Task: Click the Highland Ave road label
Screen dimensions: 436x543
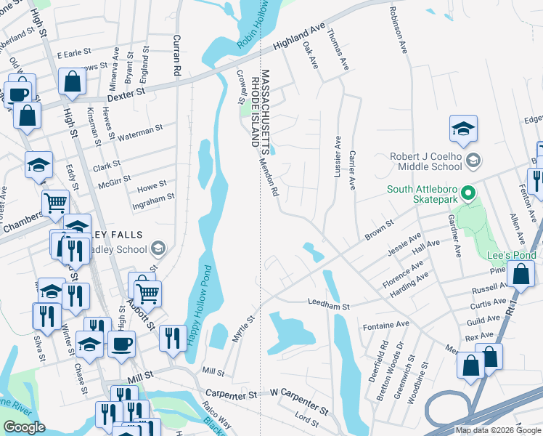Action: click(298, 41)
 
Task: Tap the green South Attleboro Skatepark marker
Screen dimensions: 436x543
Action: click(468, 194)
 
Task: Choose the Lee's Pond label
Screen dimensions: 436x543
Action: click(512, 255)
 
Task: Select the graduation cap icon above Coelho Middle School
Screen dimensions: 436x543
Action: click(463, 129)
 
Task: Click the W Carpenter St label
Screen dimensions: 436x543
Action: click(299, 393)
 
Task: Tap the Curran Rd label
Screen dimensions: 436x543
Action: click(176, 55)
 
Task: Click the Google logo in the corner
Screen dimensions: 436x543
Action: click(25, 427)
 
